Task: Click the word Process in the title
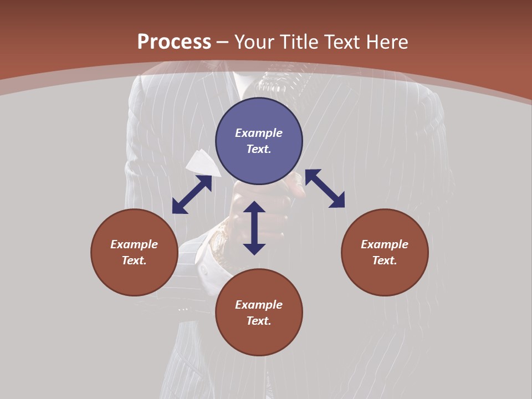(174, 42)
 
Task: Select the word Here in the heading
(386, 42)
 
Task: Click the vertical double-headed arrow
(254, 228)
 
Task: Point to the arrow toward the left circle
(192, 195)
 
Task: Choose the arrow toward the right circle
(325, 188)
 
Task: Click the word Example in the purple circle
(259, 133)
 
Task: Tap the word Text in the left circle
(134, 260)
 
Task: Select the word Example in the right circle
(385, 244)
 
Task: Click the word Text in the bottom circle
(259, 321)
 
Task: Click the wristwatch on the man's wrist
(220, 244)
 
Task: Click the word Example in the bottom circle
(259, 305)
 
